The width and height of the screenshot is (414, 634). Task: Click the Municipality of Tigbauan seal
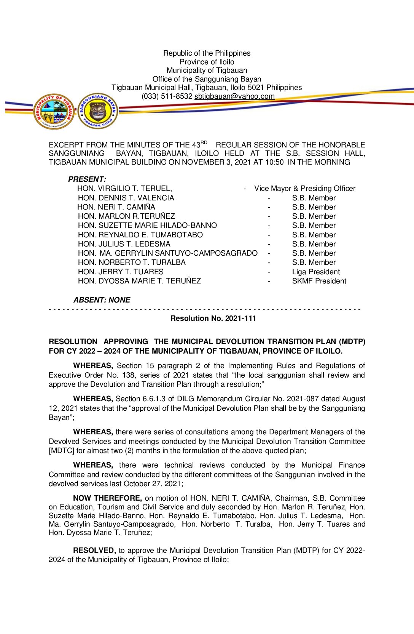pyautogui.click(x=54, y=112)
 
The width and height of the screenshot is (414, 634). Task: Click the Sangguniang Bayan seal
pyautogui.click(x=98, y=111)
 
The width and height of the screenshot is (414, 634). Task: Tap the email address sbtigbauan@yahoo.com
pyautogui.click(x=234, y=96)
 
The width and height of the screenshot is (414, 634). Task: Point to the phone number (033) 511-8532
pyautogui.click(x=167, y=96)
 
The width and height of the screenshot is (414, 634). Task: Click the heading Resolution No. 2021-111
pyautogui.click(x=213, y=319)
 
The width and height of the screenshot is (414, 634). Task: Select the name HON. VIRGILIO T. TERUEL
pyautogui.click(x=124, y=189)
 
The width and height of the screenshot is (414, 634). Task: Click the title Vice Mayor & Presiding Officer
pyautogui.click(x=305, y=189)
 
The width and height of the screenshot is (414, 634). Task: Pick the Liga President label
pyautogui.click(x=316, y=272)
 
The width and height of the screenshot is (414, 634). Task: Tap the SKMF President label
pyautogui.click(x=319, y=281)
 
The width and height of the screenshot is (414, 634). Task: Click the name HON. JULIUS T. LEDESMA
pyautogui.click(x=124, y=244)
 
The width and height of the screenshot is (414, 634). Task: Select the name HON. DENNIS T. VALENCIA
pyautogui.click(x=126, y=198)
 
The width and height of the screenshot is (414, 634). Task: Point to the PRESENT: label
pyautogui.click(x=87, y=179)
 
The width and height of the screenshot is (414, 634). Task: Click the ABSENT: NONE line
pyautogui.click(x=102, y=300)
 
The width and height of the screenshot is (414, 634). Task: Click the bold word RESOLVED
pyautogui.click(x=94, y=551)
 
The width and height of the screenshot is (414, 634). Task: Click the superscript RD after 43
pyautogui.click(x=204, y=142)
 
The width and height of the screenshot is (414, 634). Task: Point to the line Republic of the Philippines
pyautogui.click(x=207, y=53)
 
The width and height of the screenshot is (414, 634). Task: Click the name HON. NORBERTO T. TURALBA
pyautogui.click(x=132, y=263)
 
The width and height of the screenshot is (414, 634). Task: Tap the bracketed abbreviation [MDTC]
pyautogui.click(x=61, y=451)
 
